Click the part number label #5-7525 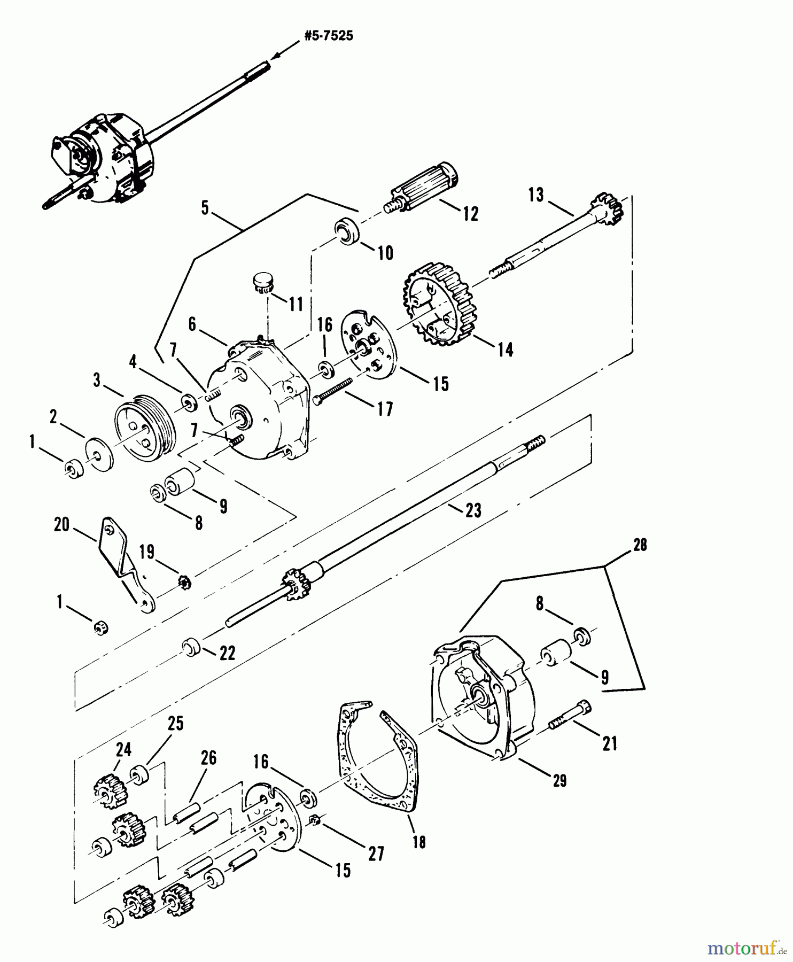pyautogui.click(x=328, y=36)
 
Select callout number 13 pyautogui.click(x=536, y=195)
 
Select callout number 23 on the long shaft pyautogui.click(x=473, y=510)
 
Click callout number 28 pyautogui.click(x=640, y=545)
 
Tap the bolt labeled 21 pyautogui.click(x=570, y=716)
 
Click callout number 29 pyautogui.click(x=559, y=780)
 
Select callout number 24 pyautogui.click(x=123, y=750)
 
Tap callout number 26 pyautogui.click(x=208, y=758)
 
